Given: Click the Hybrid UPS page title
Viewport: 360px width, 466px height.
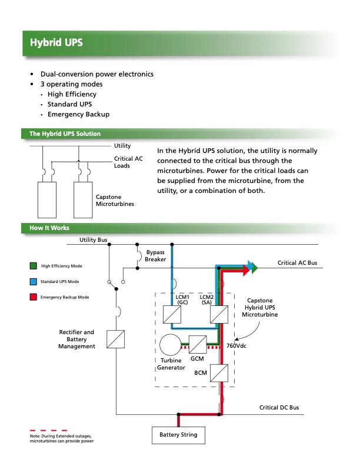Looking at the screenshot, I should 56,43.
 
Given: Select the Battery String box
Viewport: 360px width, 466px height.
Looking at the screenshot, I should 178,435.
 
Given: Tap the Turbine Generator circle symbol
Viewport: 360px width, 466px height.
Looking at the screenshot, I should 171,345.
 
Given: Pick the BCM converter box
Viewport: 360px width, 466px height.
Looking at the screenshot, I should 219,372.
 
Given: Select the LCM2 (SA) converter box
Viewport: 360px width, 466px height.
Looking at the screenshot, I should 219,314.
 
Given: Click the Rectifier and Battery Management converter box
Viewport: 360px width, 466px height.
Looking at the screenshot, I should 115,339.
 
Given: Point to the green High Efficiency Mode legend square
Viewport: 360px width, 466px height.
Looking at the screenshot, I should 33,266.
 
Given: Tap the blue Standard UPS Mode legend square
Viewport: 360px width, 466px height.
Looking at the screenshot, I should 33,282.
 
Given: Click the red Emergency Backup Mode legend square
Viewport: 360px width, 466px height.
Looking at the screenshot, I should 33,297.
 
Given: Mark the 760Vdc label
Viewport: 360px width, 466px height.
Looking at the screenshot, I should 237,345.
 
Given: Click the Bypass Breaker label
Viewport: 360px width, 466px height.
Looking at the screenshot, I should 156,255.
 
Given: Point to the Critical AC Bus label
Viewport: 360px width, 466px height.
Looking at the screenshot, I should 297,262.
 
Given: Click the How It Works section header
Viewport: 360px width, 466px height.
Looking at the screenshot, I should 49,228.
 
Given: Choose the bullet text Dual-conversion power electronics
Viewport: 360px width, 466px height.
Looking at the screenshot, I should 96,74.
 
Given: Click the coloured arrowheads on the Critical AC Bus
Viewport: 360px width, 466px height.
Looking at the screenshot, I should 251,268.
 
